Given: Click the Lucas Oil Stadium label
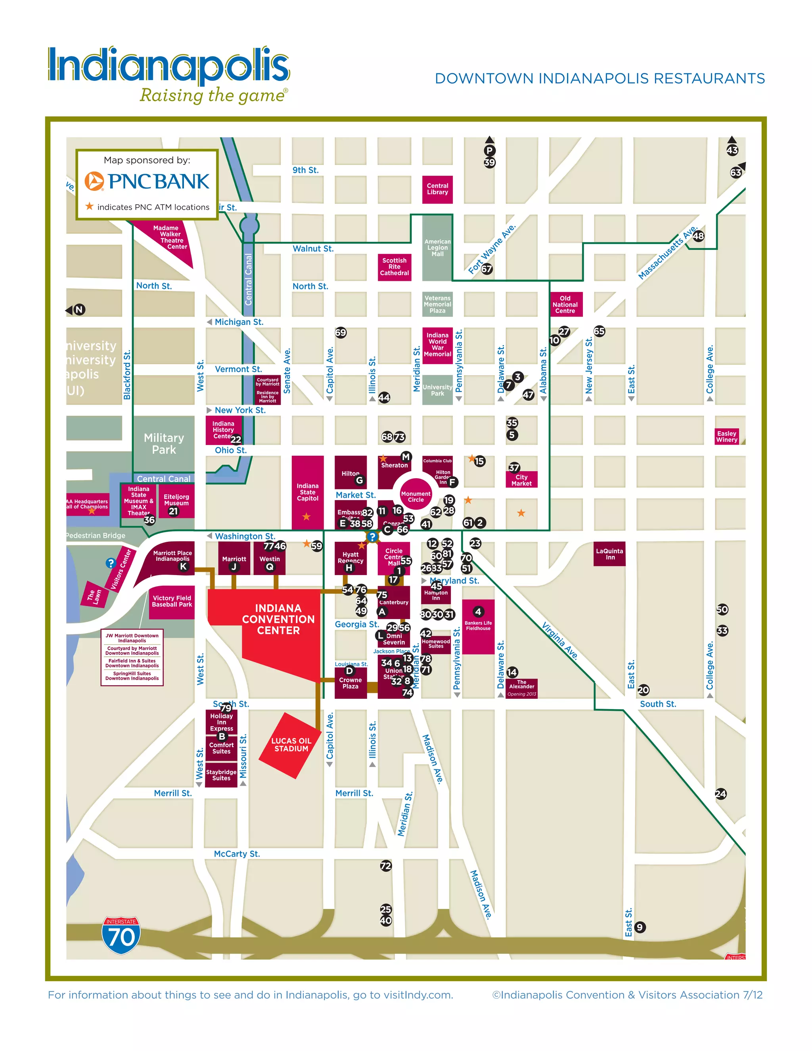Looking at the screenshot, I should (291, 744).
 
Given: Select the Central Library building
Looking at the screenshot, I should (437, 189).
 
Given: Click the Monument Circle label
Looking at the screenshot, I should (416, 497).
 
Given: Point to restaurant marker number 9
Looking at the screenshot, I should (639, 927).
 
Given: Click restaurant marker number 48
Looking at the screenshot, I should (698, 236).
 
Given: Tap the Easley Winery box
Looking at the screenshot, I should (726, 437).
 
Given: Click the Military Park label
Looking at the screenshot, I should (164, 444).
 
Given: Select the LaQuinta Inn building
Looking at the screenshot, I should (609, 554).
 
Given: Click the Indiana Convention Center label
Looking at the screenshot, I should (278, 619).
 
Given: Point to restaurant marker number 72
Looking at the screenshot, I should (386, 866).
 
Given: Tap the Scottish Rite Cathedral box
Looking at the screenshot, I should (395, 267).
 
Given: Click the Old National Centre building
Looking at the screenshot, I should (565, 305).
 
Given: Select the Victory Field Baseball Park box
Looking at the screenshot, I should (172, 602).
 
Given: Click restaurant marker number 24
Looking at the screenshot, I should (720, 794).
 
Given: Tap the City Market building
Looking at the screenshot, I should (521, 480).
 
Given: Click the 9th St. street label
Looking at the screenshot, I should (305, 170).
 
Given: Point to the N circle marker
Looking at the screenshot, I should (79, 309).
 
